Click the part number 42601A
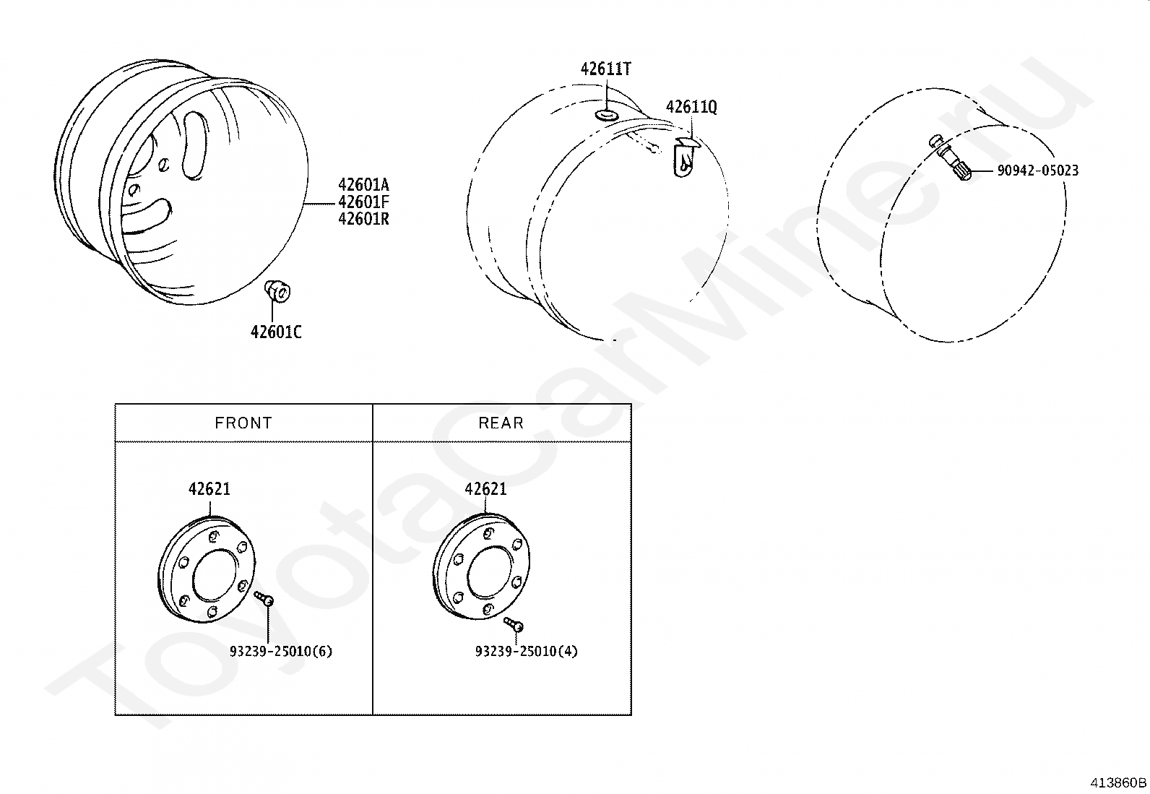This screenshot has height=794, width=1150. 363,185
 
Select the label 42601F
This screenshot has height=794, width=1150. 363,202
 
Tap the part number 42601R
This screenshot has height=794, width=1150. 363,219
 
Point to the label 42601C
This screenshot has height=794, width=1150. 276,332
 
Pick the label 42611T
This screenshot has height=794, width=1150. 606,69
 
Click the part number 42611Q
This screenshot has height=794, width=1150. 691,107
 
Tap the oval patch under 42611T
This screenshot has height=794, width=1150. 606,115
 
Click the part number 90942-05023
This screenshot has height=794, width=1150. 1038,171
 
